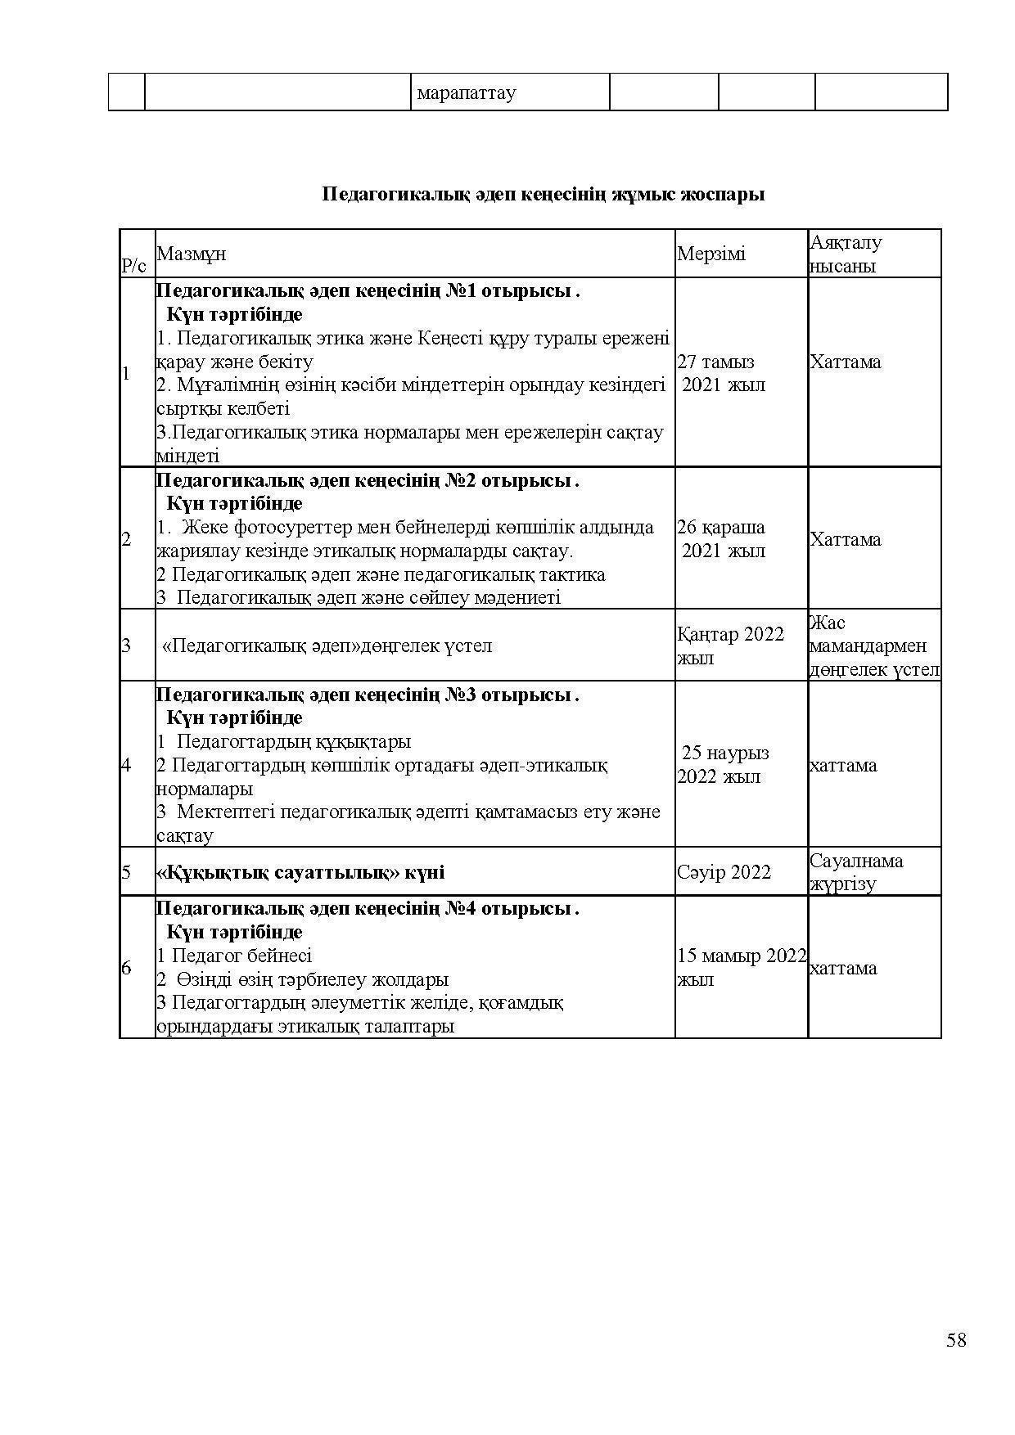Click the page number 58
pos(956,1340)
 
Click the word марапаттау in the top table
pos(467,93)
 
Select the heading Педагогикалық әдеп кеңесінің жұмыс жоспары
pos(544,195)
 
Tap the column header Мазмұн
pos(192,254)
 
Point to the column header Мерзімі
pos(711,254)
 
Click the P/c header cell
pos(134,265)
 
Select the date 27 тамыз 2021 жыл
pos(720,373)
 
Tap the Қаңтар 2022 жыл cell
pos(730,646)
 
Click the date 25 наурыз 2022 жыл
pos(724,764)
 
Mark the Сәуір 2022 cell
pos(724,872)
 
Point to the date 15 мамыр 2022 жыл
pos(741,967)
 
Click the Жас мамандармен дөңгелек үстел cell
pos(873,646)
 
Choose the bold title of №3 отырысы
pos(368,695)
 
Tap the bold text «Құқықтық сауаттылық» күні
pos(300,872)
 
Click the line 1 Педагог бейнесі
pos(235,956)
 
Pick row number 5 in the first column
pos(126,872)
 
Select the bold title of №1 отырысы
pos(368,290)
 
